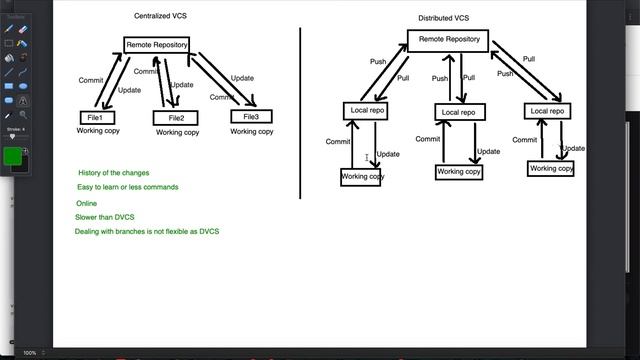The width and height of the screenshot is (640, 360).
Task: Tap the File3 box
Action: [x=251, y=117]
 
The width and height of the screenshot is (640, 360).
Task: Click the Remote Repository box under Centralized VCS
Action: [x=156, y=45]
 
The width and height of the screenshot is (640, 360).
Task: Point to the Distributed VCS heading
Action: [x=444, y=19]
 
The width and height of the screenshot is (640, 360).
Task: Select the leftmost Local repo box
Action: [x=365, y=110]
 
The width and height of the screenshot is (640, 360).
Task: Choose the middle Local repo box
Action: [x=459, y=111]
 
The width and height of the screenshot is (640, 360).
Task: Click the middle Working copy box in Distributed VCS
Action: [x=459, y=171]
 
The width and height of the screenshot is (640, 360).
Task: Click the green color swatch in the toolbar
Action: [x=14, y=156]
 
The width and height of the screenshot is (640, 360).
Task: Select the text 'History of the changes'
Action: [x=114, y=173]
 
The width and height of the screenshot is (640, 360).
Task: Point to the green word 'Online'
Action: [x=86, y=203]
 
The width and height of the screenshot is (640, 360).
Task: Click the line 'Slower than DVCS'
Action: [x=105, y=217]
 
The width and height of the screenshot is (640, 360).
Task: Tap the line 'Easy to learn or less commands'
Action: [x=128, y=187]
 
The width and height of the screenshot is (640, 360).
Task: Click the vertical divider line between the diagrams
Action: [x=301, y=110]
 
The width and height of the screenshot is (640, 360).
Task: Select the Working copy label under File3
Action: [x=251, y=131]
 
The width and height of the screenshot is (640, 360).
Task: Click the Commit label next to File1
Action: [x=89, y=80]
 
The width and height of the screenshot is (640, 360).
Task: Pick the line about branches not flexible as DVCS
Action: [x=146, y=232]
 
